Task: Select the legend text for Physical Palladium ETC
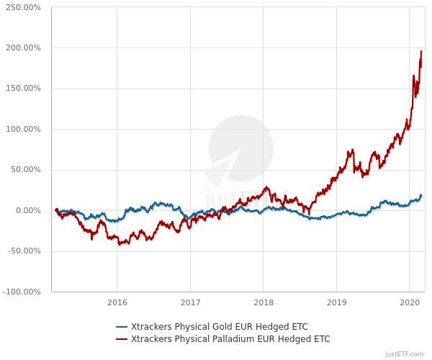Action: [230, 338]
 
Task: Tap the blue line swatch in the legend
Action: [122, 325]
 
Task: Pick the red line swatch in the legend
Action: [122, 338]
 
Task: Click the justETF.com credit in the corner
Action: [405, 354]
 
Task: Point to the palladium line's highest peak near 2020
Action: [421, 51]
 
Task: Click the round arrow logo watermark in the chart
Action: [230, 149]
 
